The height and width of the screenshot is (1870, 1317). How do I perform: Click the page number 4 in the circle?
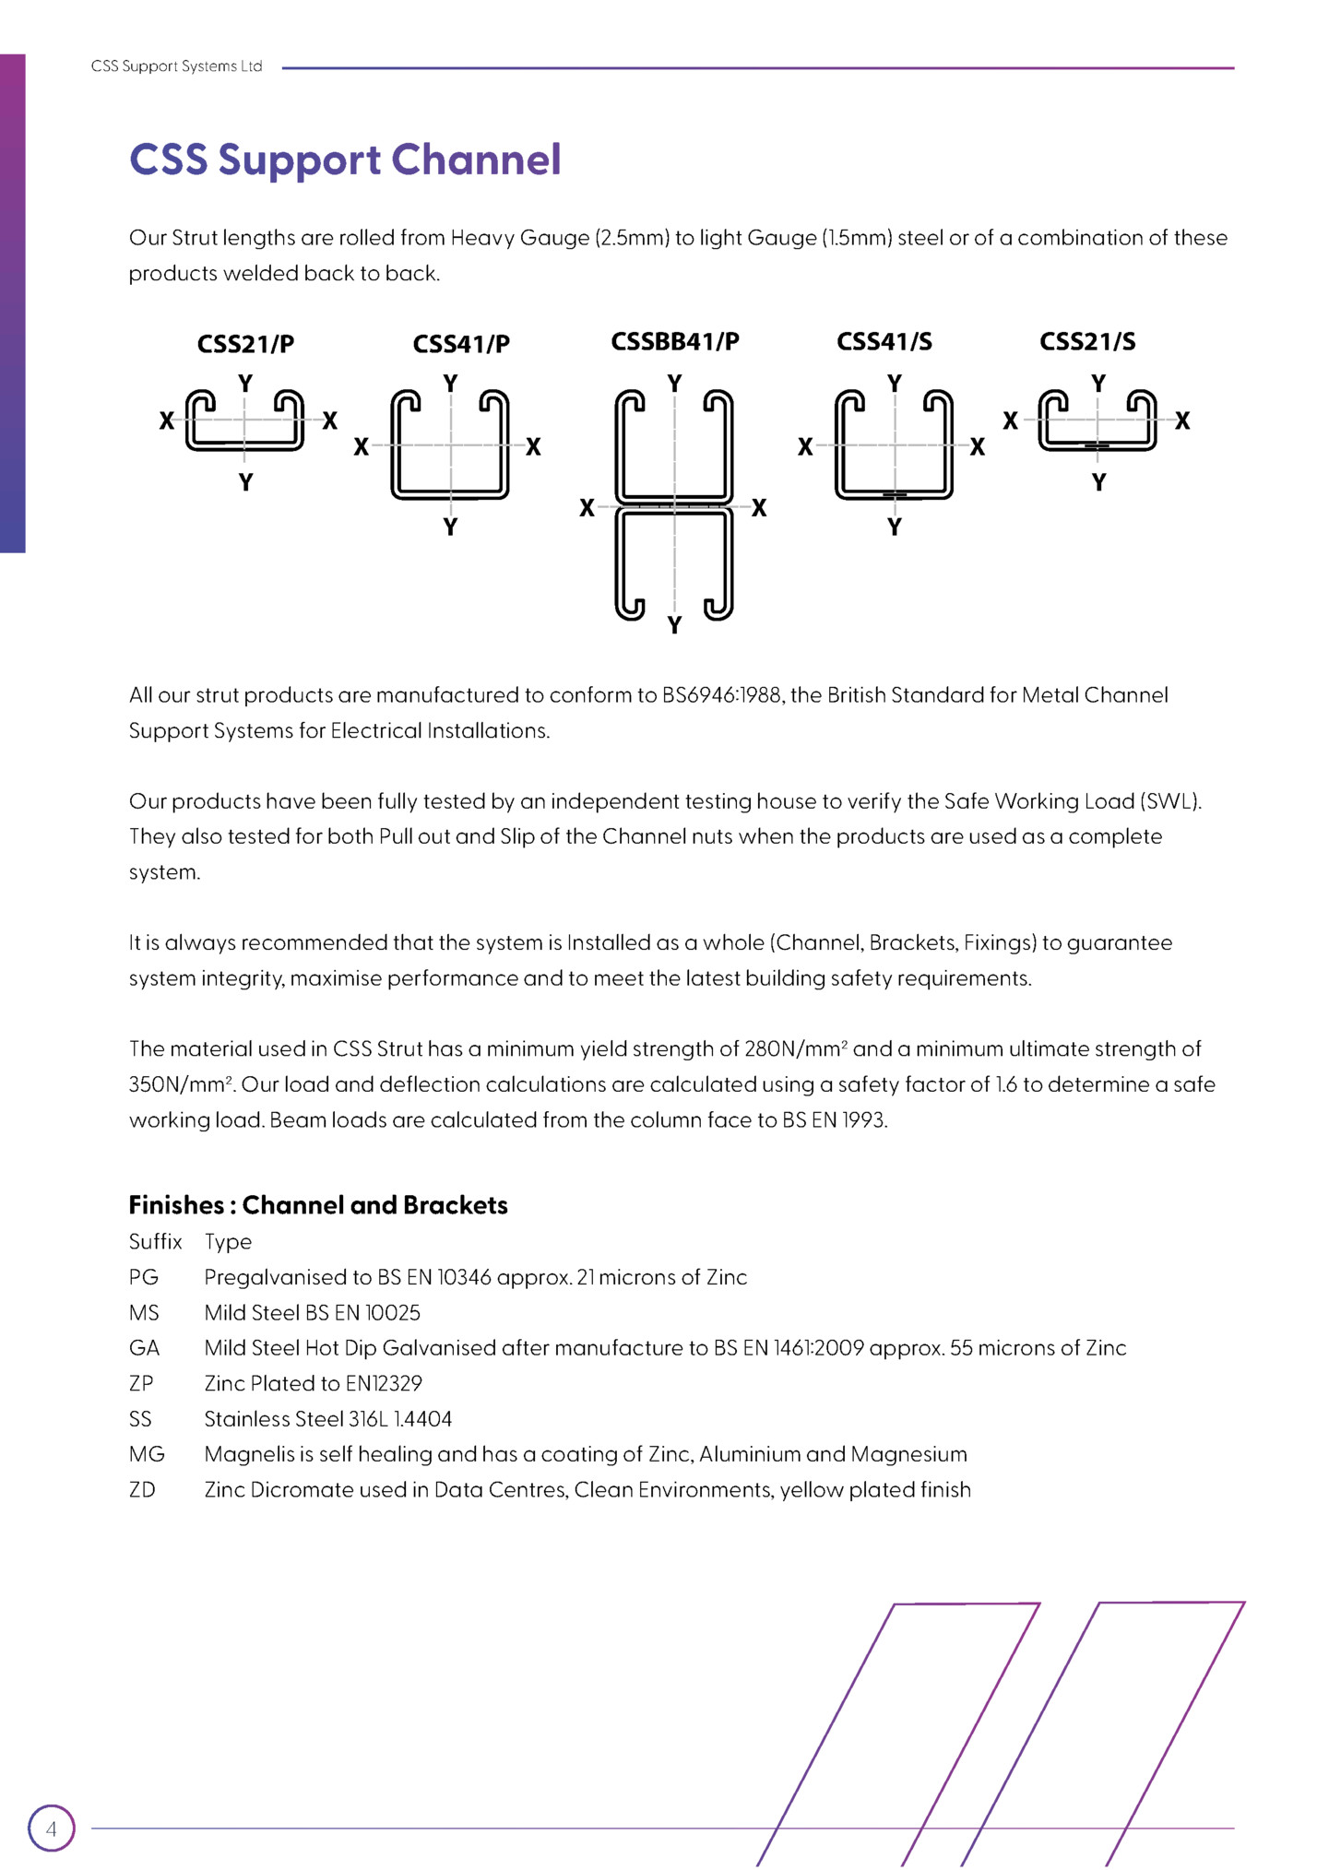click(x=51, y=1829)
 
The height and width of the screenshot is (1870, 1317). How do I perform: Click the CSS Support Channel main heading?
click(x=345, y=160)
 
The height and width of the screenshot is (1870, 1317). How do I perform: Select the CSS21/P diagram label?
click(x=245, y=344)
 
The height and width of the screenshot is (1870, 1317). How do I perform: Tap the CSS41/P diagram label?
click(x=461, y=344)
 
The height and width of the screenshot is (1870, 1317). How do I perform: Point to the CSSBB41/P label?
click(x=675, y=341)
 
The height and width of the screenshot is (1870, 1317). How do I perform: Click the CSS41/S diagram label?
click(x=884, y=341)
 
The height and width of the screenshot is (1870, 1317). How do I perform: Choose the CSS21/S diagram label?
click(x=1087, y=341)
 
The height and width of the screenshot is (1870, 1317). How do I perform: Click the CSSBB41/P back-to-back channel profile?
click(x=674, y=504)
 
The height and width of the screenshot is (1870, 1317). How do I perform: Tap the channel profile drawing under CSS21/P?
click(x=244, y=420)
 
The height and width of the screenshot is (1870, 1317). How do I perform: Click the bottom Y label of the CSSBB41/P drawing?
click(x=674, y=626)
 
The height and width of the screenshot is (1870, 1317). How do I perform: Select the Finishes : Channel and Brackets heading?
click(x=318, y=1205)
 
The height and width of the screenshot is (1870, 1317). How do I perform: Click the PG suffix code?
click(x=144, y=1277)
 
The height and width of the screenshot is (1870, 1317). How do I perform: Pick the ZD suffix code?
click(x=142, y=1489)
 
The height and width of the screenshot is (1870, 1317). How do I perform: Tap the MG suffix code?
click(x=147, y=1454)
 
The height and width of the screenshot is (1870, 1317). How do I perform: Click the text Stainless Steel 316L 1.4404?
click(x=327, y=1419)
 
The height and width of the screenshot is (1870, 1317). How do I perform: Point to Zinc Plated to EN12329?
click(x=313, y=1383)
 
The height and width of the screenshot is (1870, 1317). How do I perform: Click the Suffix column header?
click(x=155, y=1241)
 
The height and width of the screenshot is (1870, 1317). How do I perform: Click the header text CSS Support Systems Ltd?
click(x=176, y=66)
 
